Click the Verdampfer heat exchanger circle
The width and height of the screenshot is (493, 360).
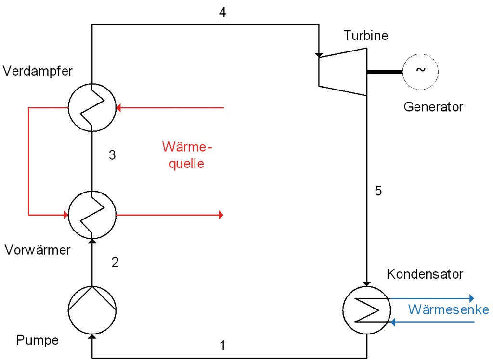click(91, 107)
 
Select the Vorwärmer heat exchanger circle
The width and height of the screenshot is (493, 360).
click(91, 214)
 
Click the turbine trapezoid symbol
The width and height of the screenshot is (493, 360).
click(343, 71)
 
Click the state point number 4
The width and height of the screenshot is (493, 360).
click(222, 13)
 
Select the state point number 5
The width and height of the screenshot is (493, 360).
click(378, 191)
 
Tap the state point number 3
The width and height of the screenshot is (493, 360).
click(112, 155)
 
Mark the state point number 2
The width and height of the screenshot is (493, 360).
click(115, 262)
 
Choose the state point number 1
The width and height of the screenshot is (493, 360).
click(222, 345)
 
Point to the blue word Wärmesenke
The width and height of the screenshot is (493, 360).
click(448, 309)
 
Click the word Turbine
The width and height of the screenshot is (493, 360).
click(366, 35)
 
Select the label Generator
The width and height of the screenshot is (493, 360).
click(433, 106)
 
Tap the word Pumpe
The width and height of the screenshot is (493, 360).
click(38, 340)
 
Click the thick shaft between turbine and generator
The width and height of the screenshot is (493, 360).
click(385, 72)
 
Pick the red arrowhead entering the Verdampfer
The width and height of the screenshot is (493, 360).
click(119, 108)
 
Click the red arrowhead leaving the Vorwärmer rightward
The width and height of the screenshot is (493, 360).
click(221, 214)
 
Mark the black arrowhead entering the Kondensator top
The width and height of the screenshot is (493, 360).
click(367, 284)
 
